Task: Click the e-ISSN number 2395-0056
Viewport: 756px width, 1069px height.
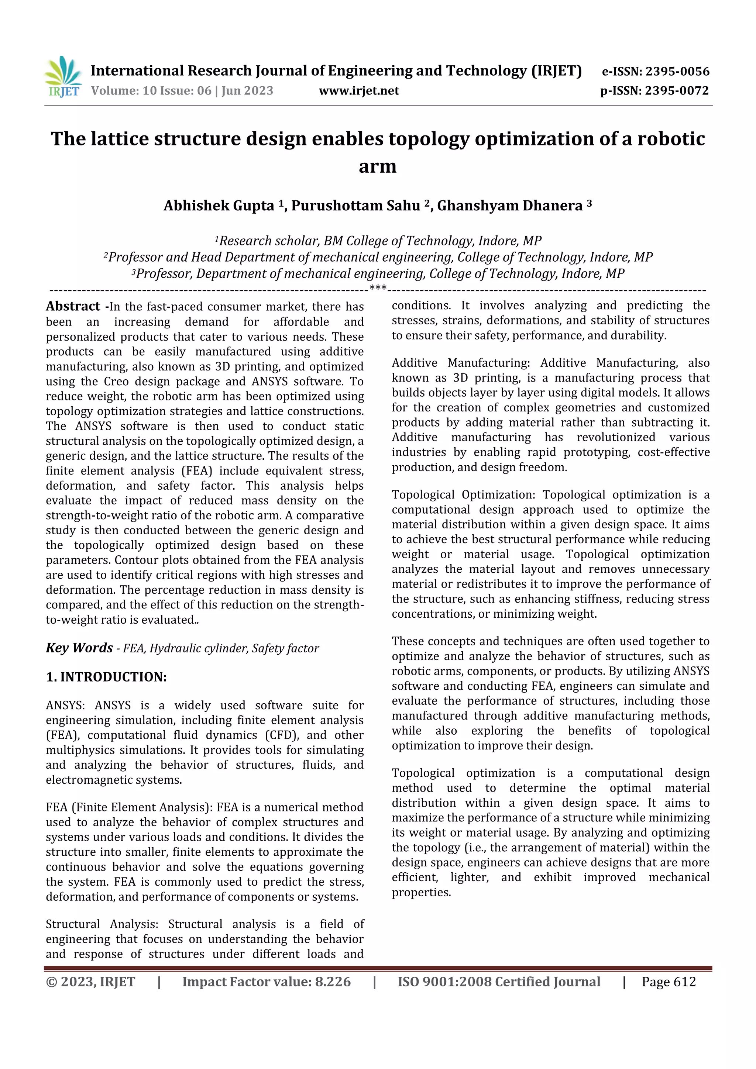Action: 677,72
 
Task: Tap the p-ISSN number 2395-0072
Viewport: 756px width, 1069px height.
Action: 676,91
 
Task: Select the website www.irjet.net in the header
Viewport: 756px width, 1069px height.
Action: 359,91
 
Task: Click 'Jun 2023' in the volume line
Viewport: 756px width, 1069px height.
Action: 247,91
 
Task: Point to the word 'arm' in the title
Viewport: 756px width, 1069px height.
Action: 377,166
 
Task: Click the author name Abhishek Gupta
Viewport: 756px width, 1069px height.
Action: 219,206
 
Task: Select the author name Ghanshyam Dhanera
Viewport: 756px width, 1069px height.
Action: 509,206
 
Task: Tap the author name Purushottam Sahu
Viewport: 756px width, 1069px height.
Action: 355,206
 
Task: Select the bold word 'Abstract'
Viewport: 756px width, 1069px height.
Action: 73,306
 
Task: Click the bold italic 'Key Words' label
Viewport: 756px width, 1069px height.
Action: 79,648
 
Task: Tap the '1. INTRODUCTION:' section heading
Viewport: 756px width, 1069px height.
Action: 106,677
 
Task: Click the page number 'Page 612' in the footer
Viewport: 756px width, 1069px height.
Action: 669,982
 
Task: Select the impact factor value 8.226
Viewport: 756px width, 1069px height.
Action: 333,982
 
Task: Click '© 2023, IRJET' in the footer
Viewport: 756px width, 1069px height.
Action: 90,982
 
